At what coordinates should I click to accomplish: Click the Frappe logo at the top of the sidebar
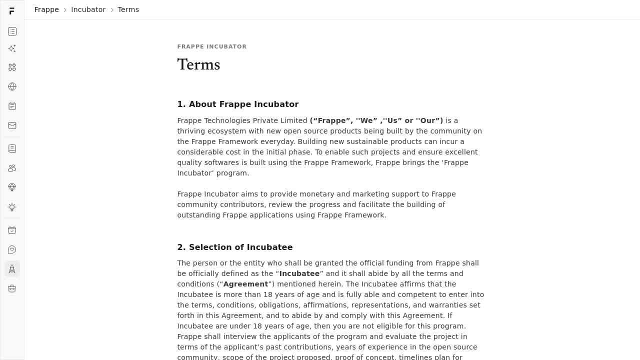tap(12, 11)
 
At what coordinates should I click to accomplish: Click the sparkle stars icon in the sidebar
tap(12, 48)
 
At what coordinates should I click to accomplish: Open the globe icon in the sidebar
tap(12, 86)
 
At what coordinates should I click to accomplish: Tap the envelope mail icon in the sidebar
tap(12, 125)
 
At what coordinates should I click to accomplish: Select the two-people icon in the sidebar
tap(12, 168)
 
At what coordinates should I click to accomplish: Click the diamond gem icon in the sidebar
tap(12, 187)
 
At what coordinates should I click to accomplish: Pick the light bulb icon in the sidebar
tap(12, 207)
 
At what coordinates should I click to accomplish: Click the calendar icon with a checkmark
tap(12, 230)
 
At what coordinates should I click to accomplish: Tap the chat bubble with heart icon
tap(12, 249)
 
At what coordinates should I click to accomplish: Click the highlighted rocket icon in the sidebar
tap(12, 269)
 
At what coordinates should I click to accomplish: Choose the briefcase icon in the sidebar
tap(12, 288)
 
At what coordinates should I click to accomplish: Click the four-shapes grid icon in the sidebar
tap(12, 67)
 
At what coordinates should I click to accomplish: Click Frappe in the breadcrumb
tap(46, 9)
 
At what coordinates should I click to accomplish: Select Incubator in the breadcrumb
tap(88, 9)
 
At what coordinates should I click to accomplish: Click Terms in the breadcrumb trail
tap(128, 9)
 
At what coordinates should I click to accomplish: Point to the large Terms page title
tap(198, 64)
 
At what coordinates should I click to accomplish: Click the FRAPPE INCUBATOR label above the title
tap(212, 46)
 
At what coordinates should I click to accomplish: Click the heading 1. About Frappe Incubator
tap(237, 104)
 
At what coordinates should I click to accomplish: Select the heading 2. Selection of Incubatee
tap(234, 247)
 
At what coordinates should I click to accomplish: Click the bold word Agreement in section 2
tap(245, 284)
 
